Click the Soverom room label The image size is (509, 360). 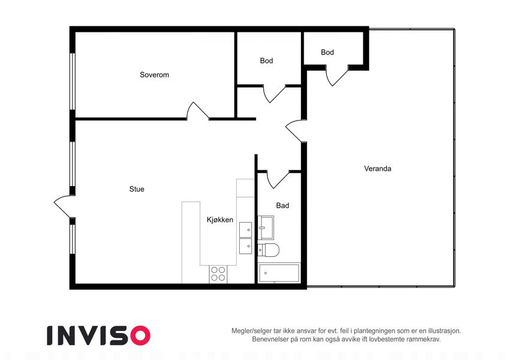click(x=154, y=75)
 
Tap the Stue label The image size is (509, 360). click(x=137, y=189)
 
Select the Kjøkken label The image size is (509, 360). click(x=220, y=220)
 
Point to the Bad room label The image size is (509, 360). click(x=282, y=206)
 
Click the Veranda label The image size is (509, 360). click(x=378, y=169)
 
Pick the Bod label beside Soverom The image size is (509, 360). click(x=266, y=61)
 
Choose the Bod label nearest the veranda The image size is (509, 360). click(x=327, y=52)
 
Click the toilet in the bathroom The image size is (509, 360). click(x=269, y=250)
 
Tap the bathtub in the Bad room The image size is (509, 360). click(x=279, y=273)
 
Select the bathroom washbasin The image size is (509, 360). click(x=266, y=227)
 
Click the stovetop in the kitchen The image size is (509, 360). click(x=218, y=274)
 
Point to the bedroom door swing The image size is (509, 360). click(x=198, y=111)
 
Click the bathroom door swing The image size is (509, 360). click(x=278, y=179)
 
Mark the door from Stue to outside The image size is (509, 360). click(x=62, y=206)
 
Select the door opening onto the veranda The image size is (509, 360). click(x=295, y=131)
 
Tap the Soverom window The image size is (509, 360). click(x=73, y=81)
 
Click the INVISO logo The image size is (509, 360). click(x=99, y=335)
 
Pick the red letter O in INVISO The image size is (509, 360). click(x=140, y=335)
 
